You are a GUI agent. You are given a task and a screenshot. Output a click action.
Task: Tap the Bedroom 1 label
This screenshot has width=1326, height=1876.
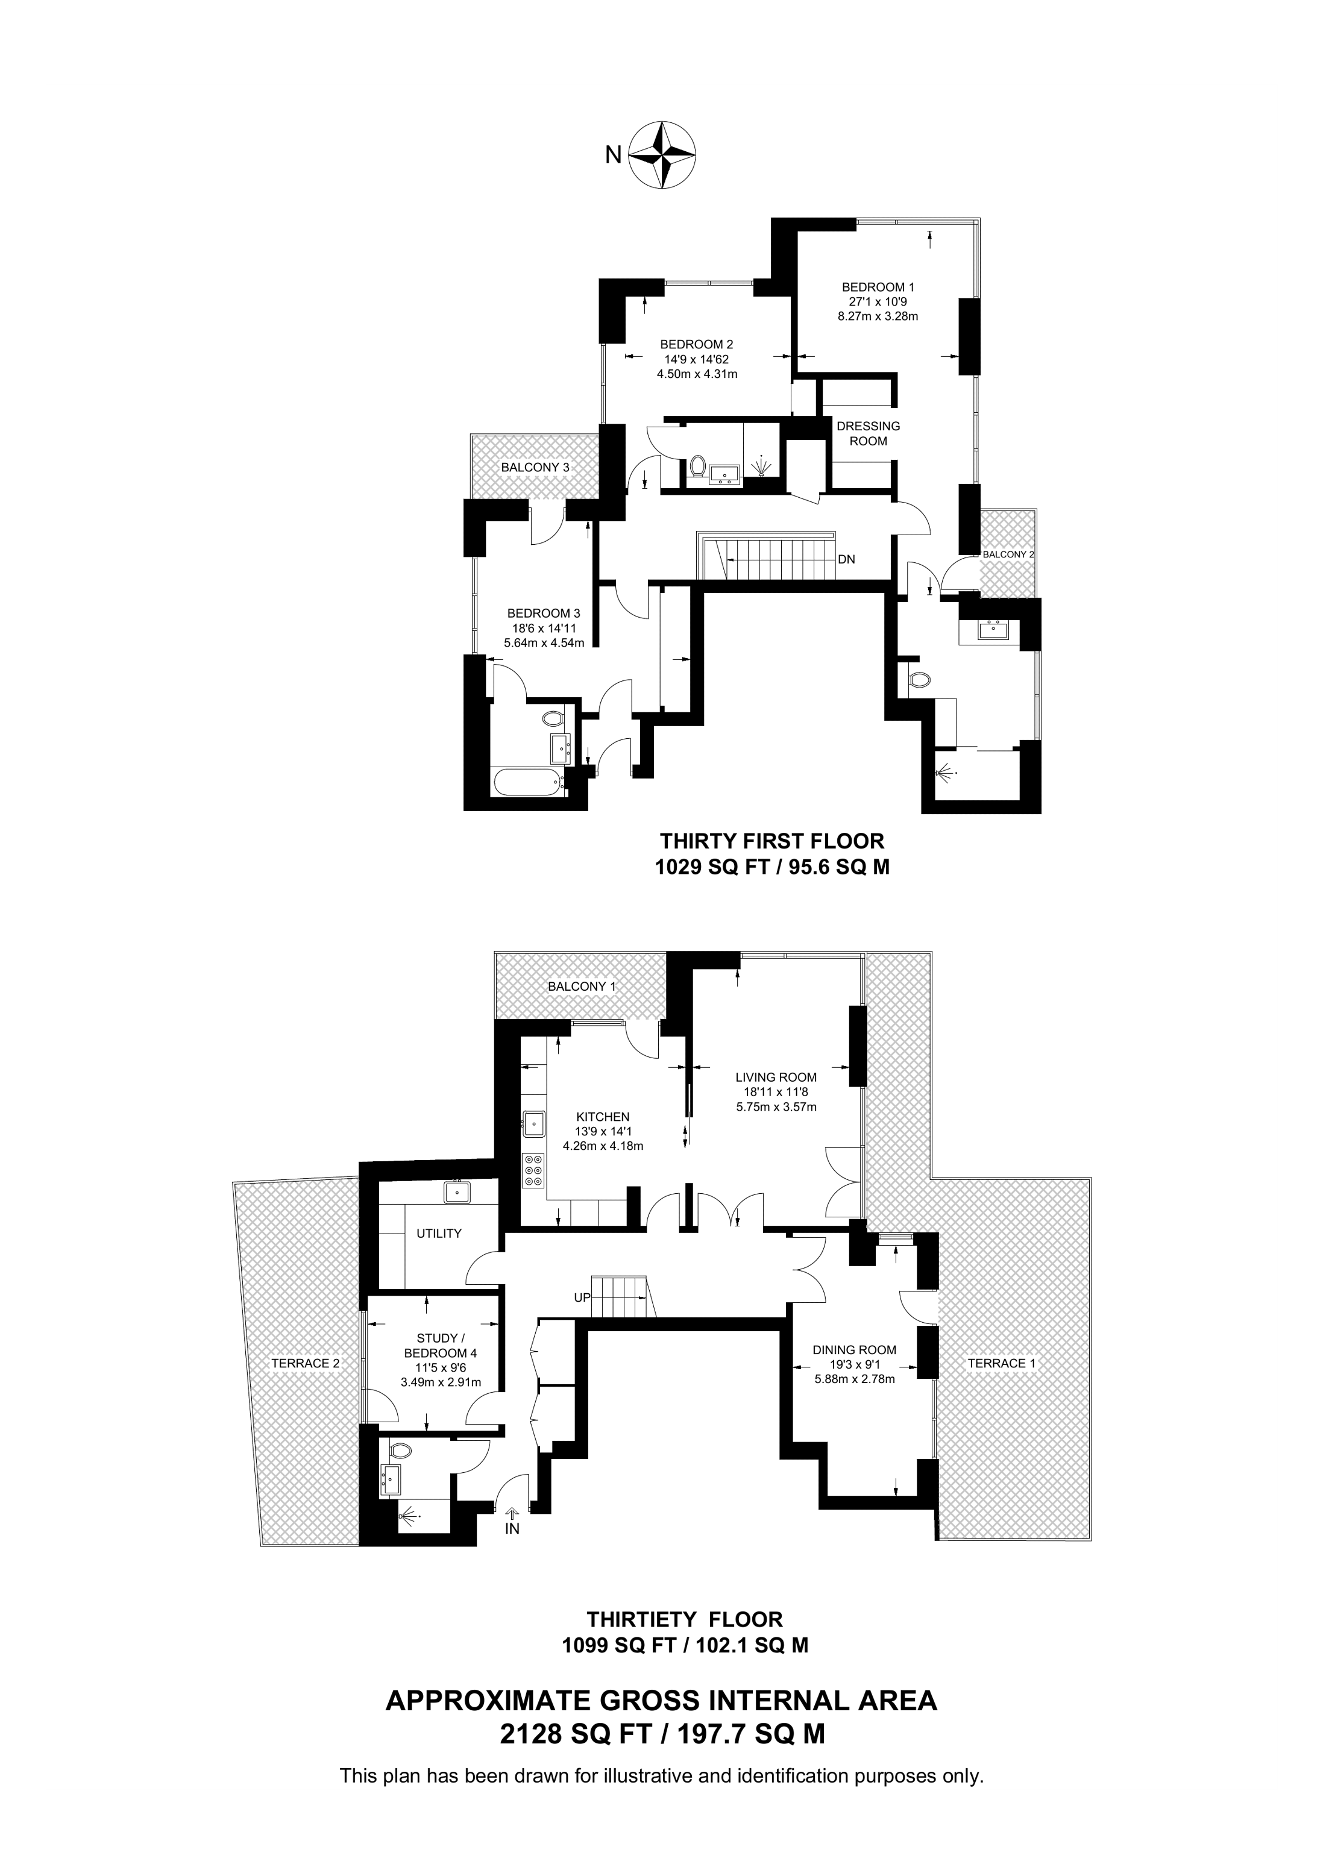[878, 287]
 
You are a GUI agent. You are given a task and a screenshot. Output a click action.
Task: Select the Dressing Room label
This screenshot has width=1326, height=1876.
[868, 433]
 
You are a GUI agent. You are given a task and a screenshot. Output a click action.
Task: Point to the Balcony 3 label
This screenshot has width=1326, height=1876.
[535, 468]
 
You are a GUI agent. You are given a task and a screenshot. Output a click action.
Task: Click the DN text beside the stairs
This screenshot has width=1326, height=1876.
[846, 560]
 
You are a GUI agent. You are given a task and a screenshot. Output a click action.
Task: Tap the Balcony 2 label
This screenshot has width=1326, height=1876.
[1008, 554]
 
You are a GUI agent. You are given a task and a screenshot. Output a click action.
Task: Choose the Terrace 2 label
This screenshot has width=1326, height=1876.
[306, 1363]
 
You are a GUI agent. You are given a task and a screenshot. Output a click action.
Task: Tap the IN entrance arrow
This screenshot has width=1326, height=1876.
[512, 1513]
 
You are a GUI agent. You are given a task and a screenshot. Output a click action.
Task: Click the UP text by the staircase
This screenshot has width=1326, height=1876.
[582, 1297]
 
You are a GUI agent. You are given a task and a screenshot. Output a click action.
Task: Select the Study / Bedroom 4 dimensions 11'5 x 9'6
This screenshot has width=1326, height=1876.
[441, 1368]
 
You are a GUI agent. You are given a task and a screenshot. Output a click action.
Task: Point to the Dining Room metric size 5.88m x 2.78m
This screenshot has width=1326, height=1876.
[855, 1379]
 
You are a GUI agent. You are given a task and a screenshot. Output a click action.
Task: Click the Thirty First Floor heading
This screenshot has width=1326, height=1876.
[772, 840]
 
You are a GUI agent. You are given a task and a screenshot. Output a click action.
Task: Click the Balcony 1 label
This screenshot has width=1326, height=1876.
[582, 986]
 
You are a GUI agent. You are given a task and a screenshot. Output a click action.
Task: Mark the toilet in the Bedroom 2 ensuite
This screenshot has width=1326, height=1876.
[697, 466]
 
